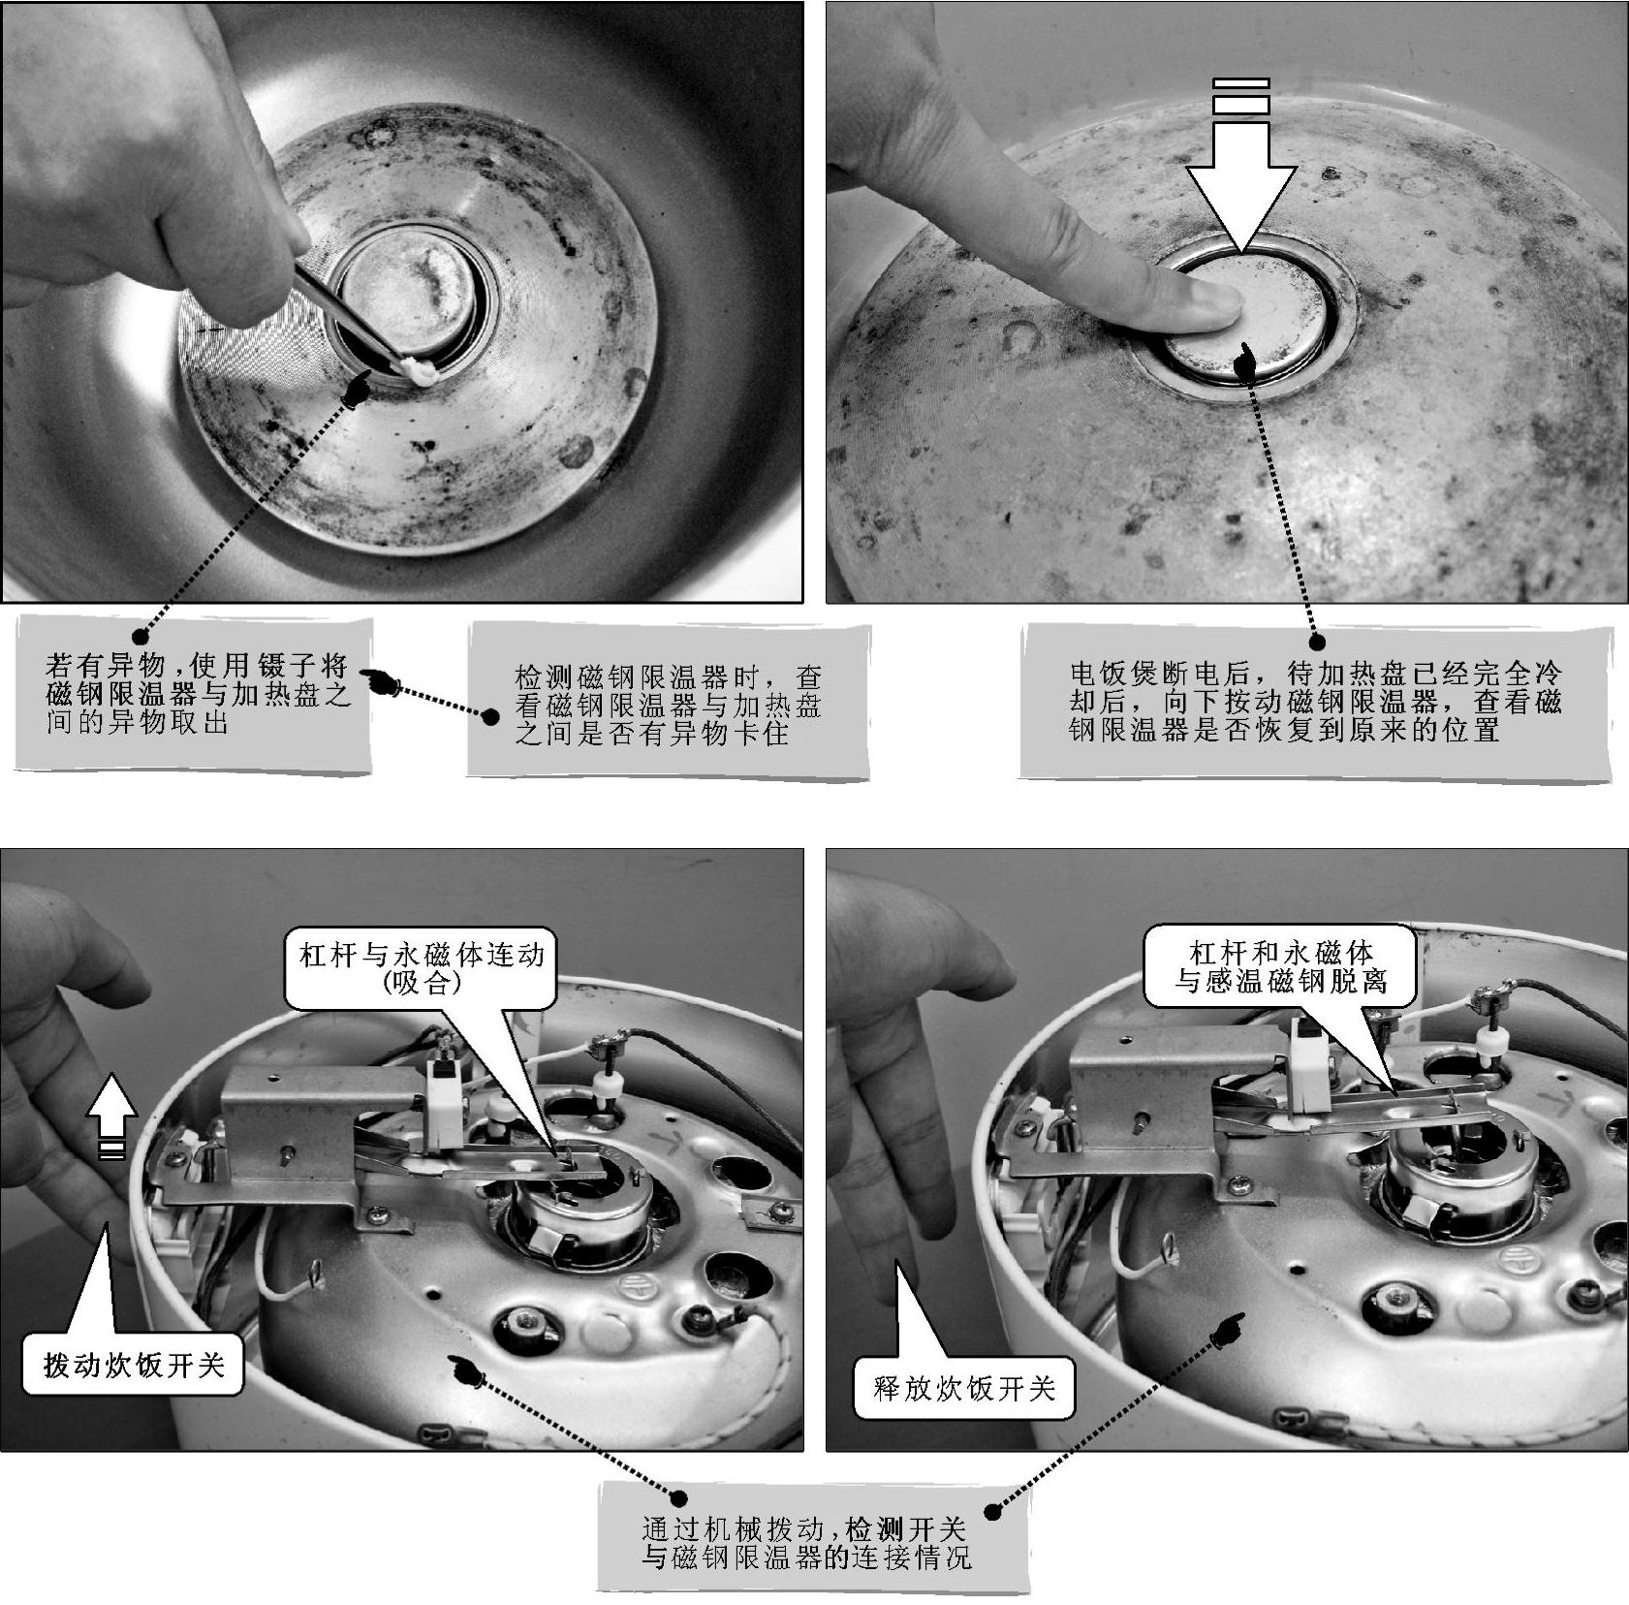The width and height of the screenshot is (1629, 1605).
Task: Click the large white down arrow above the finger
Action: pyautogui.click(x=1241, y=184)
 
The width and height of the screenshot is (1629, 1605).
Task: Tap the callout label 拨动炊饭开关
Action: pyautogui.click(x=133, y=1365)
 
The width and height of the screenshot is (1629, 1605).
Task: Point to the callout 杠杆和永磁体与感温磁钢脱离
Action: pyautogui.click(x=1280, y=966)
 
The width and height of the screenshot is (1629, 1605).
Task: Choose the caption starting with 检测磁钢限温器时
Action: pyautogui.click(x=667, y=704)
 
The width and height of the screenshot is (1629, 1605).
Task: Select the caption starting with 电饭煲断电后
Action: pyautogui.click(x=1315, y=701)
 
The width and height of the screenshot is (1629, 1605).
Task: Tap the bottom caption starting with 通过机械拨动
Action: pyautogui.click(x=805, y=1543)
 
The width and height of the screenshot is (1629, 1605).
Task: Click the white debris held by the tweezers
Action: pyautogui.click(x=419, y=369)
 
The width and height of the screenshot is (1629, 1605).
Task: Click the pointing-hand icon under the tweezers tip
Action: pyautogui.click(x=357, y=390)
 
